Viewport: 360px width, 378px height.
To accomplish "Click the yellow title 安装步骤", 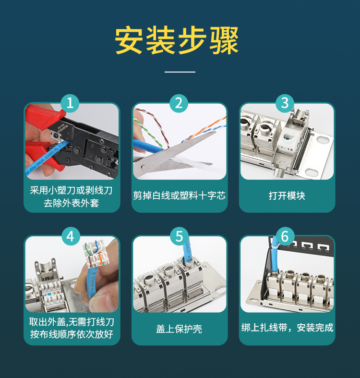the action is [177, 40].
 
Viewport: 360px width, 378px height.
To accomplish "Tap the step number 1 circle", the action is [70, 103].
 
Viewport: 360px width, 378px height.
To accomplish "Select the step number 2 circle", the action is [179, 103].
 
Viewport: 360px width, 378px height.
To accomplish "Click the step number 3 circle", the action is [285, 103].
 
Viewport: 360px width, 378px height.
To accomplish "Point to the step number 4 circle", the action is [71, 236].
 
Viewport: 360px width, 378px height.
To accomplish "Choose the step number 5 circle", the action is [179, 236].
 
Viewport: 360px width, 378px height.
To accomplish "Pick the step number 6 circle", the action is [285, 236].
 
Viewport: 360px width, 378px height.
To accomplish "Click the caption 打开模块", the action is [287, 195].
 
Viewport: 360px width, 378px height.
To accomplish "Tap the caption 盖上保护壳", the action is [179, 329].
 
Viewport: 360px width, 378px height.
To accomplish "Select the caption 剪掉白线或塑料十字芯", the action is [179, 195].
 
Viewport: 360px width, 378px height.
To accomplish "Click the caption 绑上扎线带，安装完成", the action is [287, 328].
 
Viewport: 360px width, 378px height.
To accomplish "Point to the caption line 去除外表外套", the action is [72, 203].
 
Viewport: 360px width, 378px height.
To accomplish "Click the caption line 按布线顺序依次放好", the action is [72, 334].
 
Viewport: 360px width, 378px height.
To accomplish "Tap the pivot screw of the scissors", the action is [144, 166].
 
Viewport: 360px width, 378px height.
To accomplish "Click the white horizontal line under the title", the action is [180, 72].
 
